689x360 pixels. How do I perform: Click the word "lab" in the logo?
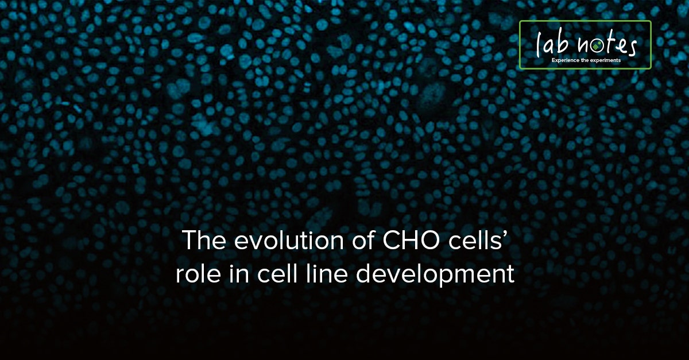coord(549,44)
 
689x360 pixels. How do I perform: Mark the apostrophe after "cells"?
coord(508,235)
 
